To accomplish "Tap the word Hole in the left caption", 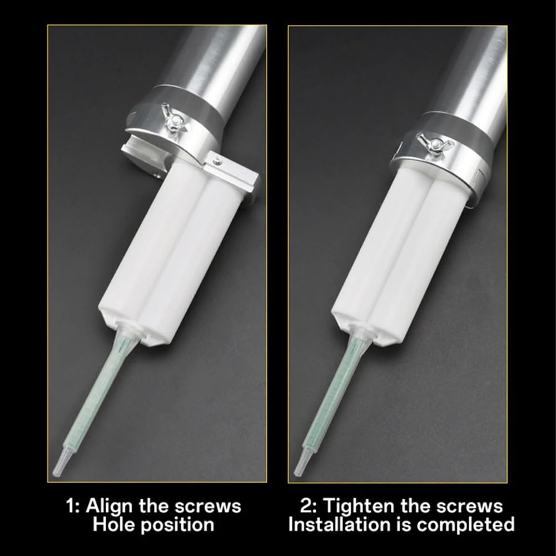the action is [x=113, y=524].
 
